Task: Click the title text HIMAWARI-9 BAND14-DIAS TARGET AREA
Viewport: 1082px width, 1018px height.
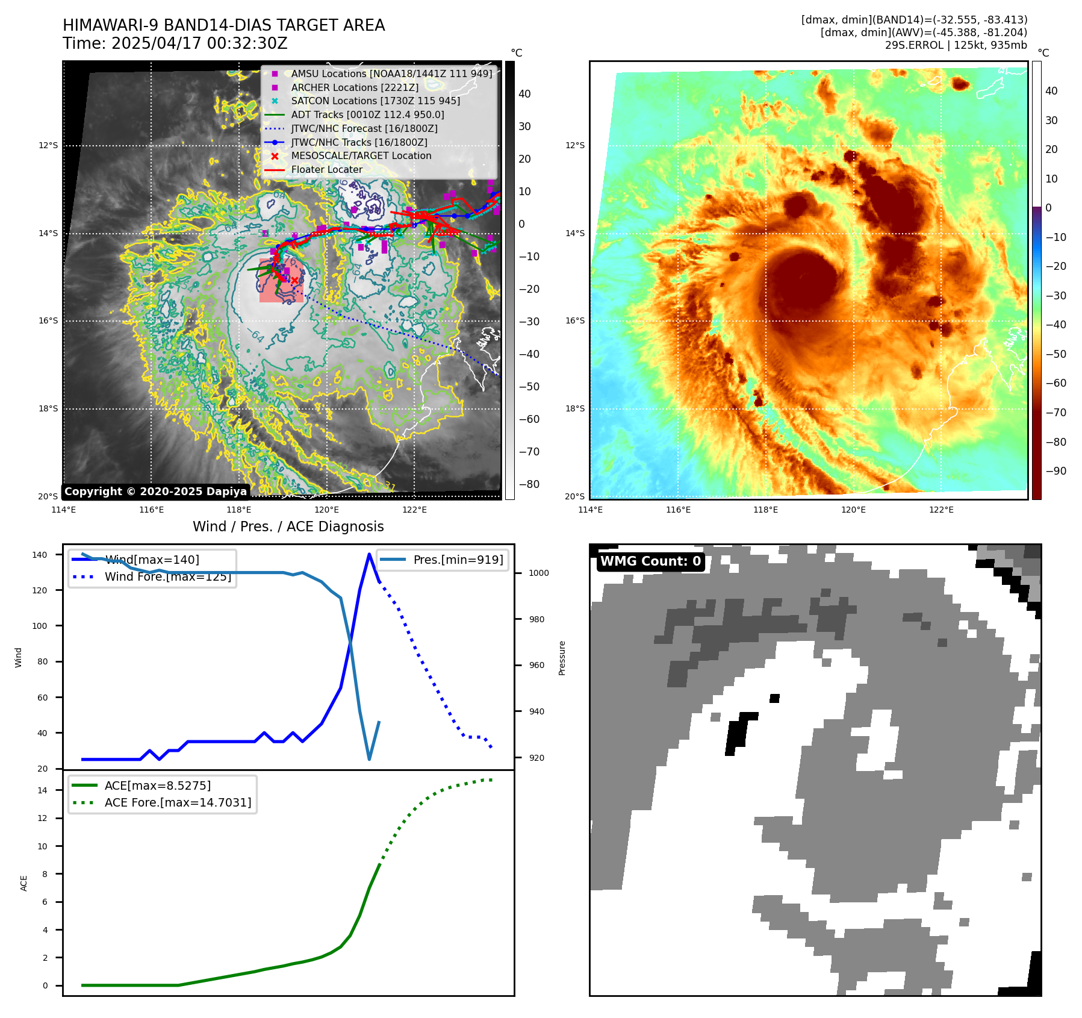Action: [223, 25]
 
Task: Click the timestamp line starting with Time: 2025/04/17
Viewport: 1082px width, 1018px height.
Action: [175, 44]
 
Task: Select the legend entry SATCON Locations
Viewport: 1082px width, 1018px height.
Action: [375, 101]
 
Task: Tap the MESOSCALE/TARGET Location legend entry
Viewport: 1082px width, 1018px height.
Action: [361, 156]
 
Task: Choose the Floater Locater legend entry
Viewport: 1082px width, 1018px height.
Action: [326, 170]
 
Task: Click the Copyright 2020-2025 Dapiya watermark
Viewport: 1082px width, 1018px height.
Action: [155, 492]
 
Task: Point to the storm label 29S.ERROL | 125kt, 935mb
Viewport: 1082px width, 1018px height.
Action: [956, 45]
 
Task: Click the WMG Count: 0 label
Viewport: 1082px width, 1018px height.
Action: [650, 561]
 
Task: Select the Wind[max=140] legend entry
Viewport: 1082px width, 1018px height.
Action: [152, 560]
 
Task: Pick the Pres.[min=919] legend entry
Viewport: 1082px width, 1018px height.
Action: [458, 560]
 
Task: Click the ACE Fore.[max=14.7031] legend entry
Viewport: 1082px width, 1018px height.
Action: [178, 803]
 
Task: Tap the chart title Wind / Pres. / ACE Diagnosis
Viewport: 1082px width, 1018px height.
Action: [288, 526]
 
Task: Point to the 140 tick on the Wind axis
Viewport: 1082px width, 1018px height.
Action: [40, 555]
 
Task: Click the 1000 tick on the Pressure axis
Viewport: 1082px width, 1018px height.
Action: [538, 573]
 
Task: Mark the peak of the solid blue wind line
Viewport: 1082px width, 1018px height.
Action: [369, 554]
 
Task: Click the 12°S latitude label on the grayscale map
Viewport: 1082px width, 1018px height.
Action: [48, 146]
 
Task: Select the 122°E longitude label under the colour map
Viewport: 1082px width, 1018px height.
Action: [941, 510]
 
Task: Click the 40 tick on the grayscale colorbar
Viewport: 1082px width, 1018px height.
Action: [524, 94]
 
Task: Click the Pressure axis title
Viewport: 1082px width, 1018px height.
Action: [562, 658]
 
